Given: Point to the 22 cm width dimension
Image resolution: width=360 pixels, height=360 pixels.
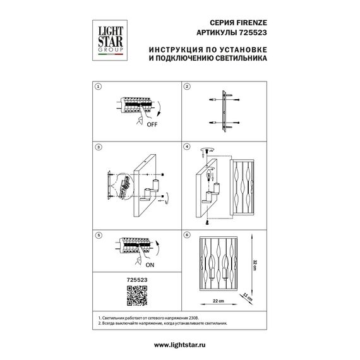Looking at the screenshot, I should click(219, 302).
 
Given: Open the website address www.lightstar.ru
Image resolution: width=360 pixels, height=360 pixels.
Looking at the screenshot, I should click(179, 345).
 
